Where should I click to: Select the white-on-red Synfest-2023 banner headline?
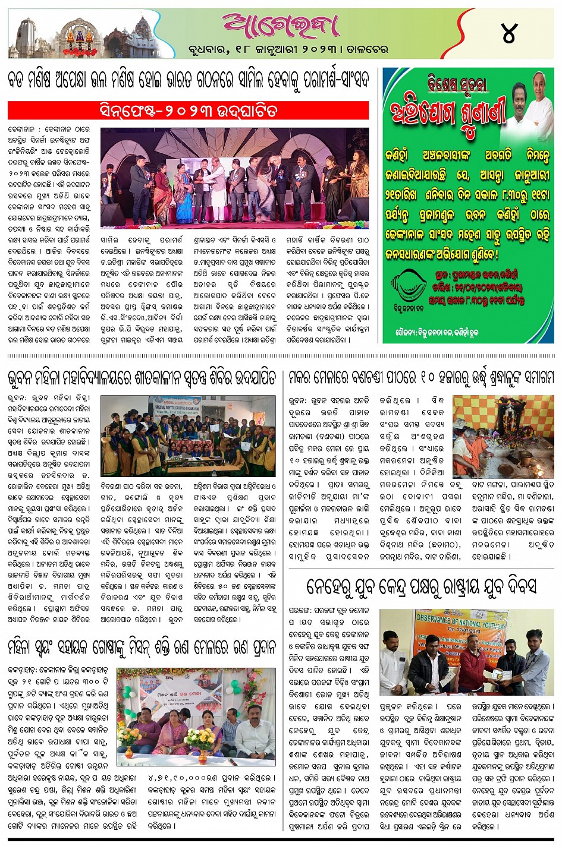(189, 111)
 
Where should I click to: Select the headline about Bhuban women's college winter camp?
(142, 377)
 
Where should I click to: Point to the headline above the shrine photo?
(421, 377)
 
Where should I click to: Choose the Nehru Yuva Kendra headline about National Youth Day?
(421, 586)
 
